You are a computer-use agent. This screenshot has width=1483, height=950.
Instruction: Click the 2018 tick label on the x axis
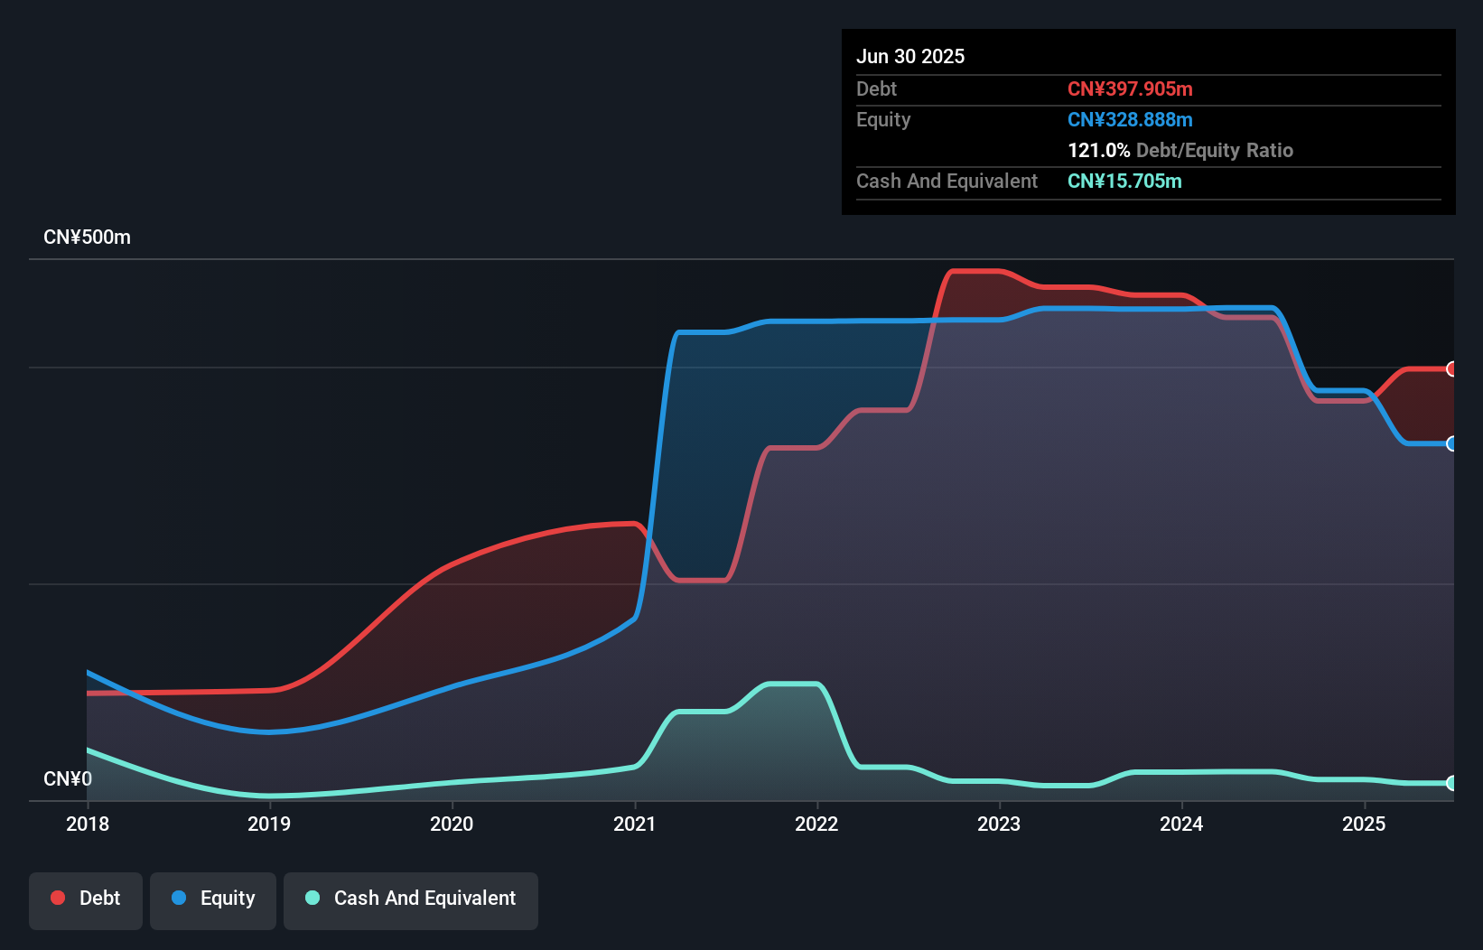(x=88, y=824)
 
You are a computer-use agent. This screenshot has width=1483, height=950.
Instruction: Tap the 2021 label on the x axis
(x=634, y=824)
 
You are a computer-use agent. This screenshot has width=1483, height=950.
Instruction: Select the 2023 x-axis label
(x=999, y=824)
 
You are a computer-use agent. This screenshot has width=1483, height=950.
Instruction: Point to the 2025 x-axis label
(x=1364, y=824)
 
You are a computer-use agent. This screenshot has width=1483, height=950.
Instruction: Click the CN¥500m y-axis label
(x=87, y=237)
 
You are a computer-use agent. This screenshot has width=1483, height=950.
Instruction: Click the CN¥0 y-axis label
(x=68, y=778)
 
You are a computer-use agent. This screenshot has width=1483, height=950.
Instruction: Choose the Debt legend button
(x=86, y=899)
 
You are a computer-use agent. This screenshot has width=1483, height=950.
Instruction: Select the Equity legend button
(x=213, y=899)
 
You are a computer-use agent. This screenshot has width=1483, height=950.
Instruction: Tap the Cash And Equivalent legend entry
(x=411, y=899)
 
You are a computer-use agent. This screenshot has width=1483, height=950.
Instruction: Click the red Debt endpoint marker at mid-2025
(x=1451, y=368)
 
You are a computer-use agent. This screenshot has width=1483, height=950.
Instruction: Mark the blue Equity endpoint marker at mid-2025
(x=1451, y=443)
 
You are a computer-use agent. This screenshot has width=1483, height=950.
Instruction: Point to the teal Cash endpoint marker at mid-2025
(x=1451, y=783)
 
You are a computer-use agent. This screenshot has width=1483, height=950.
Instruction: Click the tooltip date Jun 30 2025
(x=910, y=56)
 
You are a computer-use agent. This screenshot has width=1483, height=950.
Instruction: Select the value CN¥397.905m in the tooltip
(x=1130, y=88)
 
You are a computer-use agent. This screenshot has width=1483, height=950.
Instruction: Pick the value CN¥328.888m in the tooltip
(x=1130, y=119)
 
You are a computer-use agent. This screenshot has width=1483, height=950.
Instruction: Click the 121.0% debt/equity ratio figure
(x=1098, y=150)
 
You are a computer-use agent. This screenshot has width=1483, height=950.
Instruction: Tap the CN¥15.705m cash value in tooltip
(x=1124, y=181)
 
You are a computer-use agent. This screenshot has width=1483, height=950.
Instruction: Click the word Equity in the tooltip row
(x=883, y=119)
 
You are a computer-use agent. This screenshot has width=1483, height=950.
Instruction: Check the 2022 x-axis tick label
(x=816, y=824)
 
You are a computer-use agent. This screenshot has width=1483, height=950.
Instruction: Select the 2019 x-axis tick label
(x=269, y=824)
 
